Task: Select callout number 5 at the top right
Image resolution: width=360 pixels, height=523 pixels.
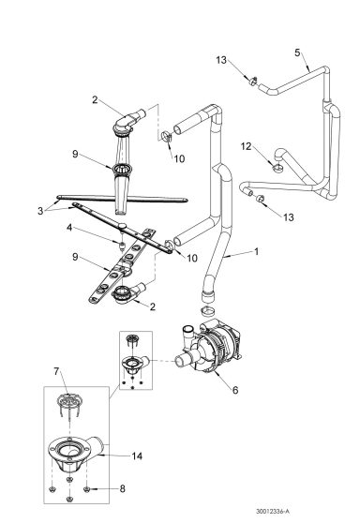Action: click(x=297, y=53)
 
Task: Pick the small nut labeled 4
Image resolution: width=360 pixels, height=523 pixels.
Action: click(x=123, y=244)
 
